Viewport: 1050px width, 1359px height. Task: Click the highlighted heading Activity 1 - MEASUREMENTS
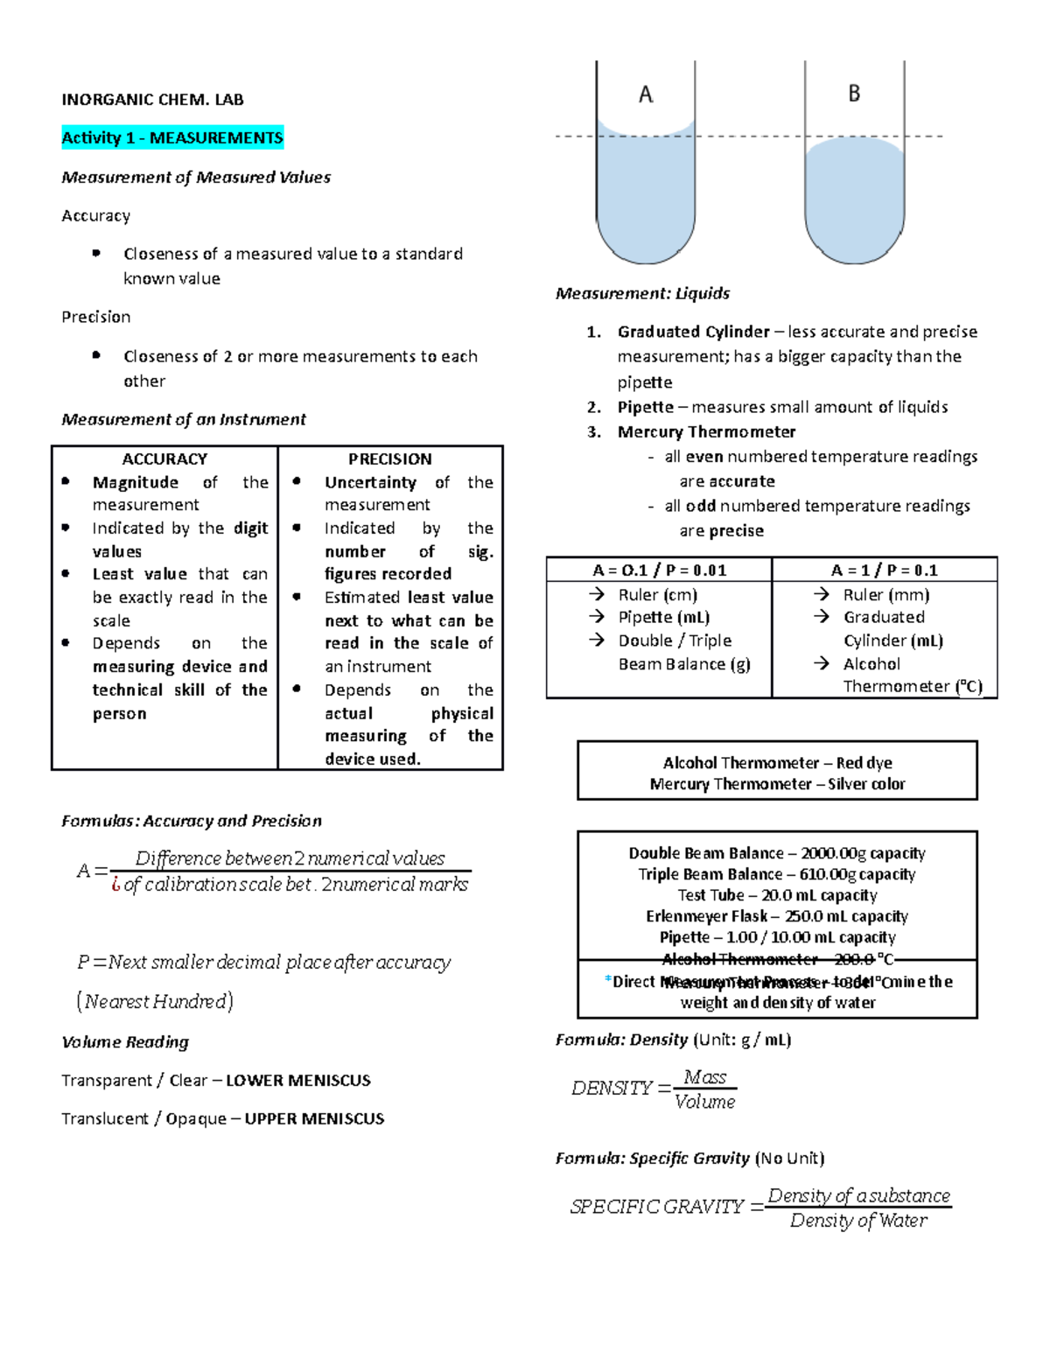click(x=172, y=137)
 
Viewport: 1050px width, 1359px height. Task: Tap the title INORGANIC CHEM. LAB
click(x=152, y=100)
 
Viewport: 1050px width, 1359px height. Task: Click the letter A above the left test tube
click(x=646, y=95)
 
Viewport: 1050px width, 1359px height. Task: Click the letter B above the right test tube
click(x=854, y=94)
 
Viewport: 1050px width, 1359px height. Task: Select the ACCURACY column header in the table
click(x=164, y=459)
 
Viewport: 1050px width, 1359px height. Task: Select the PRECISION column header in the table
click(x=390, y=459)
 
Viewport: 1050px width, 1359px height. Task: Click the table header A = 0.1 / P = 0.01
click(x=659, y=571)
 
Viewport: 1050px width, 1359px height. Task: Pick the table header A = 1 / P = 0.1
click(x=884, y=571)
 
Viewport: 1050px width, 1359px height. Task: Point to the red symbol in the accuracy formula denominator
click(x=115, y=885)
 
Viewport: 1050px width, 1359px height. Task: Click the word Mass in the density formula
click(x=705, y=1076)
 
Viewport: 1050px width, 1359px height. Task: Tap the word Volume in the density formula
click(x=705, y=1102)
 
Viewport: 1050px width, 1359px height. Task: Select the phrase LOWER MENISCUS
click(x=298, y=1081)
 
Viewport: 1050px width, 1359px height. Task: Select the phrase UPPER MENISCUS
click(x=314, y=1118)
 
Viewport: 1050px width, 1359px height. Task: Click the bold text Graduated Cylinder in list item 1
click(x=693, y=332)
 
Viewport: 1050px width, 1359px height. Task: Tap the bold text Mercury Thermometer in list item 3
click(x=706, y=431)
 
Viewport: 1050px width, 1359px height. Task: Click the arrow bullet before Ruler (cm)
click(x=597, y=594)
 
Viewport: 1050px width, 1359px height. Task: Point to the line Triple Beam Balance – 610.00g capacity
click(x=776, y=874)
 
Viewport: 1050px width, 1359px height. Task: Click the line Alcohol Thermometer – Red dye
click(x=777, y=763)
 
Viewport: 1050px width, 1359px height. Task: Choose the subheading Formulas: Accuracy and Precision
click(x=192, y=821)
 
